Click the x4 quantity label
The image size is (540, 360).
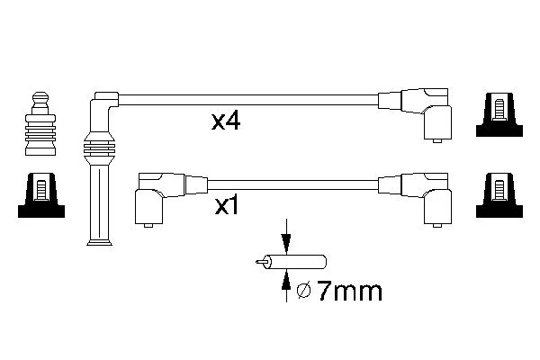coord(226,121)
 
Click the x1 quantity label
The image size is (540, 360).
coord(227,206)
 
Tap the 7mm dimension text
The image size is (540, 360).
coord(349,291)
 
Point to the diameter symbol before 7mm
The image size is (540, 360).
coord(304,291)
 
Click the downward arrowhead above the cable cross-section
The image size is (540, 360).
coord(286,244)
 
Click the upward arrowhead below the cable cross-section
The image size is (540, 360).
coord(286,280)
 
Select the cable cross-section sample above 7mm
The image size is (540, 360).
coord(291,262)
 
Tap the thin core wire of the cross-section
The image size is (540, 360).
coord(260,262)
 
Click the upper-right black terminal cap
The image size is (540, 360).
coord(499,114)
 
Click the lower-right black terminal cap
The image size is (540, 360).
coord(499,195)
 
